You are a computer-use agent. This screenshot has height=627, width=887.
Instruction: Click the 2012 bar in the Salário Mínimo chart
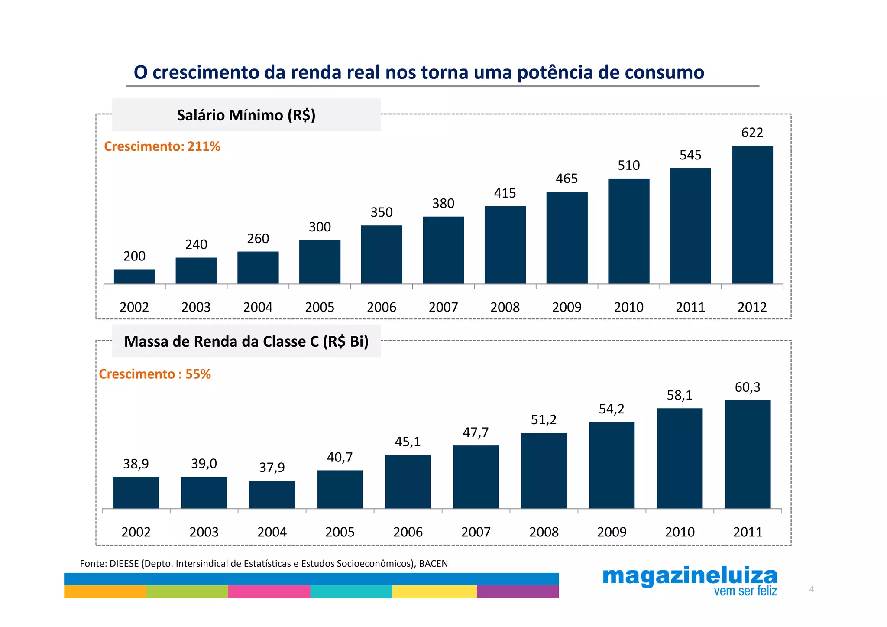[x=752, y=215]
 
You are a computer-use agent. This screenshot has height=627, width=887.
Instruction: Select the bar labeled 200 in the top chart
[x=134, y=276]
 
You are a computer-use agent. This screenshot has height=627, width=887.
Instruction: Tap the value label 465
[x=567, y=179]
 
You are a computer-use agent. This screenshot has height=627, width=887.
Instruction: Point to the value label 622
[x=752, y=133]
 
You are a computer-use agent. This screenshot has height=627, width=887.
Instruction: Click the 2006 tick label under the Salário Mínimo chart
[x=381, y=307]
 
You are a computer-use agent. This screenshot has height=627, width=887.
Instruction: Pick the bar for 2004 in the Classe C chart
[x=272, y=494]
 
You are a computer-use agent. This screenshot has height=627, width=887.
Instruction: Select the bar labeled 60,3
[x=748, y=454]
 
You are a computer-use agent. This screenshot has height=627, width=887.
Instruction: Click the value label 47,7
[x=476, y=432]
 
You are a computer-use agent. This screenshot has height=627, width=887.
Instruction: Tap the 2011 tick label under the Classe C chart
[x=748, y=532]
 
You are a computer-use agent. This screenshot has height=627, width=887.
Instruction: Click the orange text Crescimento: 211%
[x=162, y=146]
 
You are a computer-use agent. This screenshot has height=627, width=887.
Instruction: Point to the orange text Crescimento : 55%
[x=155, y=374]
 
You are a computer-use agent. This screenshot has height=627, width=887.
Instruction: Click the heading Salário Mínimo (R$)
[x=246, y=115]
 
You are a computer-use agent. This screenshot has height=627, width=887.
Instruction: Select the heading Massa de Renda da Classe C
[x=246, y=341]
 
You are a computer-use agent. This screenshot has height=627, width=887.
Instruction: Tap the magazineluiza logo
[x=690, y=576]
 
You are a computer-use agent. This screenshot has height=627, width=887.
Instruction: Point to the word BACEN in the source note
[x=433, y=564]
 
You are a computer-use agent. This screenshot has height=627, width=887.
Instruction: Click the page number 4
[x=811, y=589]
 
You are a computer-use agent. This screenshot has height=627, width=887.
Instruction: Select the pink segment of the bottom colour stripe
[x=269, y=591]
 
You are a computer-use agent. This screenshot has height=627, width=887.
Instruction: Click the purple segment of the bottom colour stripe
[x=518, y=591]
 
